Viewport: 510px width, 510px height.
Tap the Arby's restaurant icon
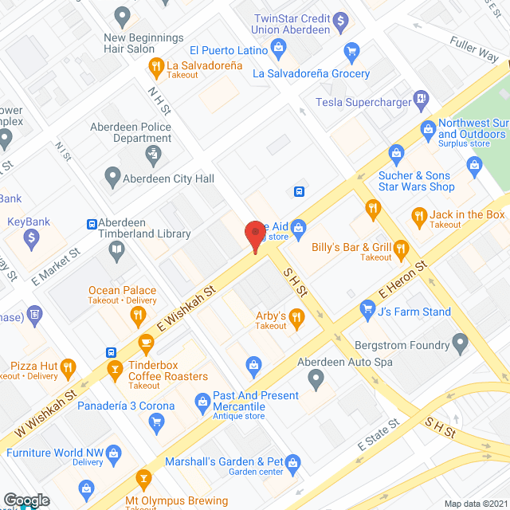297,320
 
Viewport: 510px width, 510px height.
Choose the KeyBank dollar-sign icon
32,237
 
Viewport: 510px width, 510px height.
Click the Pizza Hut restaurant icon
68,367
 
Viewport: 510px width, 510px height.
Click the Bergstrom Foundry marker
460,343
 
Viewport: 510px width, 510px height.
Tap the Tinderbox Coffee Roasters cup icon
146,343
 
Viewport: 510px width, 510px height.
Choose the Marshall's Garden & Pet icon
293,461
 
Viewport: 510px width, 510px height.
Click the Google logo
25,500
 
